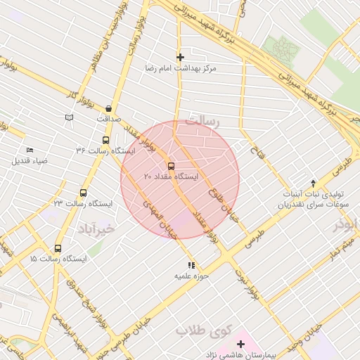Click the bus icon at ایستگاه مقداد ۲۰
click(x=171, y=166)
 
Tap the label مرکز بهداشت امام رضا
click(x=181, y=68)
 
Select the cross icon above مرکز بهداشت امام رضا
click(x=181, y=57)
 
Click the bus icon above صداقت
click(x=108, y=108)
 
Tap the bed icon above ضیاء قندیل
click(x=30, y=150)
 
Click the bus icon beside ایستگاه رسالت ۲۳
click(x=84, y=193)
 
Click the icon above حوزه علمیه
click(x=191, y=265)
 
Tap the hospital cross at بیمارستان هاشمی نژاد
click(x=241, y=344)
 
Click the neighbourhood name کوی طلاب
click(x=195, y=330)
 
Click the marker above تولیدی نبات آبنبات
click(x=313, y=183)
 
